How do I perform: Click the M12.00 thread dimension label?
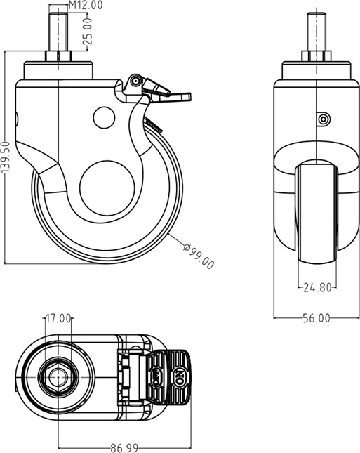click(x=86, y=5)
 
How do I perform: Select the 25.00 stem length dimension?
click(x=88, y=31)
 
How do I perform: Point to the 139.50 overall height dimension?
click(x=5, y=157)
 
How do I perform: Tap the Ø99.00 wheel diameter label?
click(x=199, y=256)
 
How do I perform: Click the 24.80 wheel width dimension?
click(x=317, y=287)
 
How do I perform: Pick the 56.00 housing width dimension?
click(x=316, y=318)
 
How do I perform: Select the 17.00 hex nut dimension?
click(x=58, y=319)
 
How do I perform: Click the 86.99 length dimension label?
click(x=124, y=448)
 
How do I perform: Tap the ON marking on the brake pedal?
click(x=179, y=377)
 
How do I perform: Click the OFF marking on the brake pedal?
click(x=156, y=377)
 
